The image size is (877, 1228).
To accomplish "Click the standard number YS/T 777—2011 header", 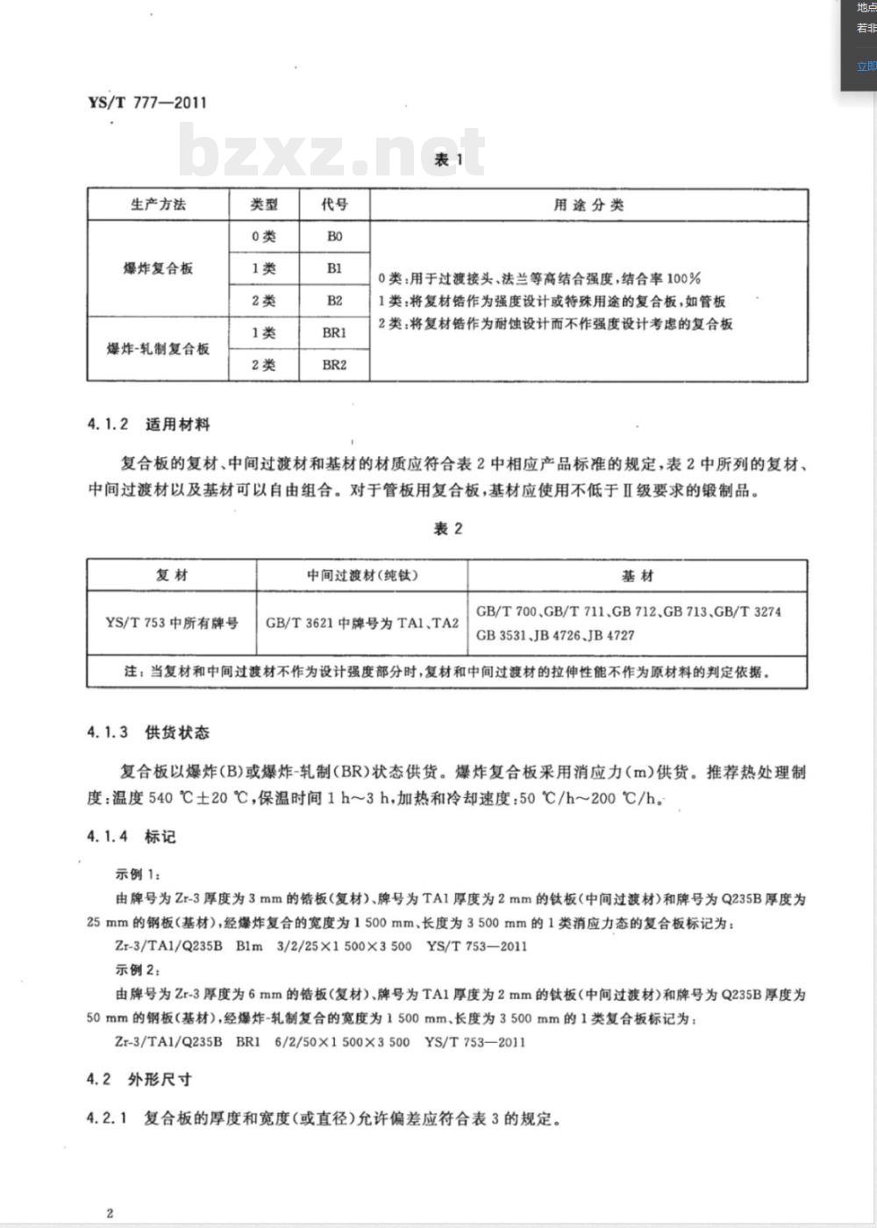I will click(x=147, y=102).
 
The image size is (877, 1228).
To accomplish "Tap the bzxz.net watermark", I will click(x=332, y=151).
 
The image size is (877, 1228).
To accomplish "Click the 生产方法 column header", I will click(x=158, y=204).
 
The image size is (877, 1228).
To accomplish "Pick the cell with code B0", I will click(x=334, y=237).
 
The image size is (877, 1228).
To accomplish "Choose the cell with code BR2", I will click(x=334, y=365).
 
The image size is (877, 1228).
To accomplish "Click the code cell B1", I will click(x=334, y=268).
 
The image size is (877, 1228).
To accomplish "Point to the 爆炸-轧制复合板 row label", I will click(x=158, y=349).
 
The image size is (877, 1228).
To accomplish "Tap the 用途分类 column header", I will click(x=588, y=204).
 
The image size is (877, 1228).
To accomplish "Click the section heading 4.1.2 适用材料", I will click(x=148, y=425).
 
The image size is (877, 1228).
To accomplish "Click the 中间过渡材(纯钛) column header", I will click(x=362, y=575).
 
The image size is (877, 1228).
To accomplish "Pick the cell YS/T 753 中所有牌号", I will click(x=171, y=623).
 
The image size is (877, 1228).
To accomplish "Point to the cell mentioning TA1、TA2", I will click(x=362, y=623).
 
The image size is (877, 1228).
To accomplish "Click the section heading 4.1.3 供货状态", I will click(x=148, y=732).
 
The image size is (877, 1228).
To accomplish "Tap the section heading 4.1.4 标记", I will click(x=132, y=837).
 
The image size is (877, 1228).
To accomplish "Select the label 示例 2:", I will click(x=139, y=970).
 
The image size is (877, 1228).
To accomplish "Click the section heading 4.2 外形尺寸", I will click(x=139, y=1079).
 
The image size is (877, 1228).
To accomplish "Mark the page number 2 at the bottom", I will click(x=110, y=1213).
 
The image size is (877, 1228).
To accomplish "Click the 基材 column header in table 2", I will click(x=638, y=575).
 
